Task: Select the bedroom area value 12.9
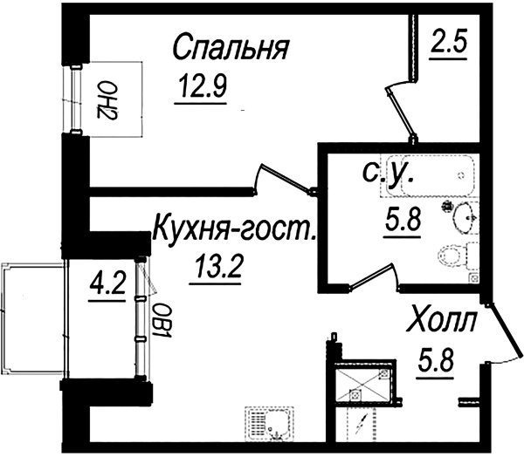coord(203,85)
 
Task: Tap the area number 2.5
coord(448,42)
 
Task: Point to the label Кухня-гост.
coord(233,229)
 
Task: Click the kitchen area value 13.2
coord(217,266)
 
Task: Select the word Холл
coord(441,321)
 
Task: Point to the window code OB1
coord(162,320)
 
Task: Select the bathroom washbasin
coord(465,218)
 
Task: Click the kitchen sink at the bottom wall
coord(269,423)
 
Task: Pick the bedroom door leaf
coord(286,177)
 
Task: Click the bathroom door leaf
coord(372,276)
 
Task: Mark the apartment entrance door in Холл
coord(505,329)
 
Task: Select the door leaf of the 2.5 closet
coord(400,113)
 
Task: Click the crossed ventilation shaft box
coord(362,381)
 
